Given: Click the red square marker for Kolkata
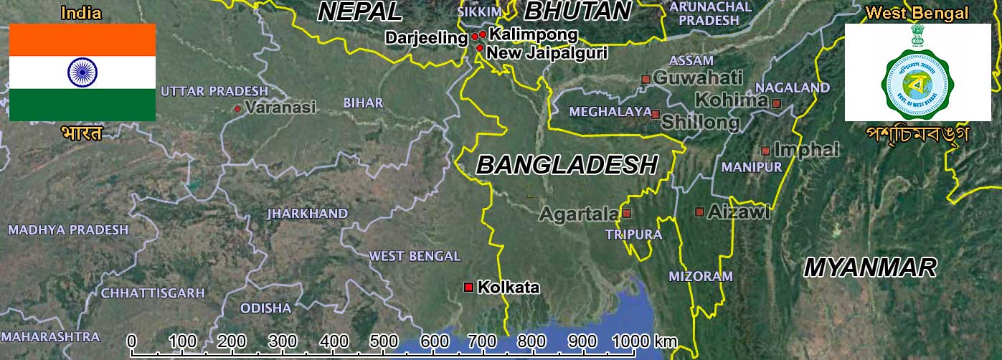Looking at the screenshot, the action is pyautogui.click(x=468, y=287).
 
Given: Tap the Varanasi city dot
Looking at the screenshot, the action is pyautogui.click(x=237, y=109).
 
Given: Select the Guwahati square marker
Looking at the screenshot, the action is pyautogui.click(x=646, y=78).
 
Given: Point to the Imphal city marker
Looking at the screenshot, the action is pyautogui.click(x=765, y=151).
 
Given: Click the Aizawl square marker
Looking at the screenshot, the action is pyautogui.click(x=699, y=212).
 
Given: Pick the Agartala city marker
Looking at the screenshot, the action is pyautogui.click(x=626, y=213).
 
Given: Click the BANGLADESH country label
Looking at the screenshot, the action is pyautogui.click(x=567, y=165).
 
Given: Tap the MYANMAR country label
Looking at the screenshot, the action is pyautogui.click(x=870, y=267).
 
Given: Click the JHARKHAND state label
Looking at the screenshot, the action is pyautogui.click(x=307, y=214).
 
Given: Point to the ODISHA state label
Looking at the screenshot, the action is pyautogui.click(x=265, y=308).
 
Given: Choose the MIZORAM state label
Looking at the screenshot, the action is pyautogui.click(x=701, y=276).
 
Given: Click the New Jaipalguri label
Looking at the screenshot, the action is pyautogui.click(x=547, y=52).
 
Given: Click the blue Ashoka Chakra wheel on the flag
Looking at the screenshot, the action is pyautogui.click(x=82, y=72).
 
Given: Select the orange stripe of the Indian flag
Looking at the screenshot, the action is pyautogui.click(x=82, y=39).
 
